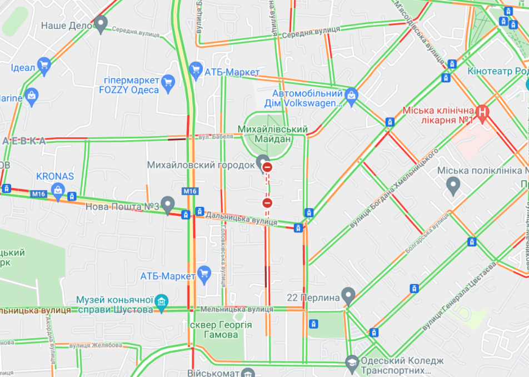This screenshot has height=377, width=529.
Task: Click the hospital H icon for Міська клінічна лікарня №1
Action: [483, 115]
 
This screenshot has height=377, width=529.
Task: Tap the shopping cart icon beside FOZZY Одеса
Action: [168, 84]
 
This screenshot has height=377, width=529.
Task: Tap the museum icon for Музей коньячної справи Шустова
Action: [161, 302]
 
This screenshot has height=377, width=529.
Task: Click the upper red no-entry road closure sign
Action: [267, 167]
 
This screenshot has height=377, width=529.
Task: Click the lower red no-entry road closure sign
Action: [267, 202]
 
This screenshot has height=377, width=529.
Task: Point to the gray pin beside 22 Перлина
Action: [348, 295]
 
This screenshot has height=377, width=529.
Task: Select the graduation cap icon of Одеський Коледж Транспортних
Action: [351, 363]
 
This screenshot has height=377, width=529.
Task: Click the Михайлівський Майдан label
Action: [272, 134]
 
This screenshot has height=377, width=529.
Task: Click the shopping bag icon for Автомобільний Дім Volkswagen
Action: [351, 95]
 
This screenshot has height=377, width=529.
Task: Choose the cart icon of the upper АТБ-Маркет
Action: [196, 70]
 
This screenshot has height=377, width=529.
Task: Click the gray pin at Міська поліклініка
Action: [453, 185]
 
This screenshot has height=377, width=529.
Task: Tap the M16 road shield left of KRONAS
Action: [38, 194]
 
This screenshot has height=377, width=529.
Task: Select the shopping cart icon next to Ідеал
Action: [44, 66]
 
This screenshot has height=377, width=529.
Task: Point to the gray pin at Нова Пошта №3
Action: [167, 204]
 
